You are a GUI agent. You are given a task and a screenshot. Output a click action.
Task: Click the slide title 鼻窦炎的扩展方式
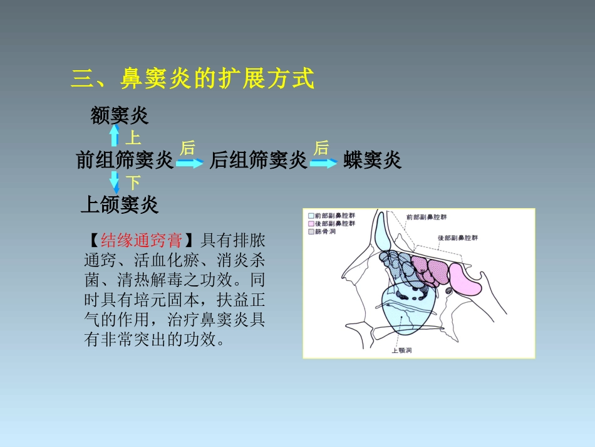(x=192, y=80)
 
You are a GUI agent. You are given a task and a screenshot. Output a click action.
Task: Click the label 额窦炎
(x=120, y=115)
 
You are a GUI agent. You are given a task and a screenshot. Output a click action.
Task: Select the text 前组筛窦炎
(x=125, y=161)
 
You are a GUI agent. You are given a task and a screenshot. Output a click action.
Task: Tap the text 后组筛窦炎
(x=258, y=161)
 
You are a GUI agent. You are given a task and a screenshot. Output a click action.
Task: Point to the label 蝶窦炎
(x=372, y=161)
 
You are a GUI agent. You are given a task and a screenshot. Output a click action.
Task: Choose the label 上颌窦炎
(x=120, y=204)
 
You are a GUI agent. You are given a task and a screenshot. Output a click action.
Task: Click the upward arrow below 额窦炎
(x=115, y=135)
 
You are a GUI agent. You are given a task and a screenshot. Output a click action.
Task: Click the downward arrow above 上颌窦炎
(x=115, y=182)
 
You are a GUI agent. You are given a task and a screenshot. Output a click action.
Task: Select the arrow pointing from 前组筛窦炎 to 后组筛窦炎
(x=190, y=163)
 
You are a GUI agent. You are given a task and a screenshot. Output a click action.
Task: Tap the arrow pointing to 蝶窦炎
(x=324, y=163)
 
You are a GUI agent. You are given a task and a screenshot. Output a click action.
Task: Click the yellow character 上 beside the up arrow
(x=133, y=138)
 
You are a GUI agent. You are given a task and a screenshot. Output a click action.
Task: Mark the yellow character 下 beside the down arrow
(x=133, y=183)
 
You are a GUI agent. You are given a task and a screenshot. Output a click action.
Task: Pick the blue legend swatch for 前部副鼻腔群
(x=311, y=215)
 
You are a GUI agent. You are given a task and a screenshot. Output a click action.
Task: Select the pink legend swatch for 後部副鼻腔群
(x=311, y=223)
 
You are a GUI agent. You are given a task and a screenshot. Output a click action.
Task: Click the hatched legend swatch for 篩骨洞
(x=311, y=231)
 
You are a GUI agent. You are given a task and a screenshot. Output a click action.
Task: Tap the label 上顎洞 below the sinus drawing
(x=401, y=350)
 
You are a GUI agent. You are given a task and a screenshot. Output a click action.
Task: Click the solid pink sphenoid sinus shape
(x=465, y=278)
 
